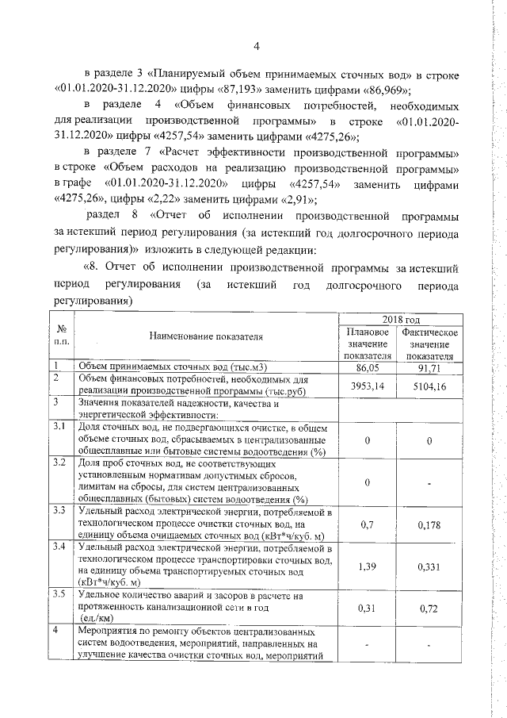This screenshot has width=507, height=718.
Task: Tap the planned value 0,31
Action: (364, 608)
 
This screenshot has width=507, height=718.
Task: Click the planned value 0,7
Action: (365, 524)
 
